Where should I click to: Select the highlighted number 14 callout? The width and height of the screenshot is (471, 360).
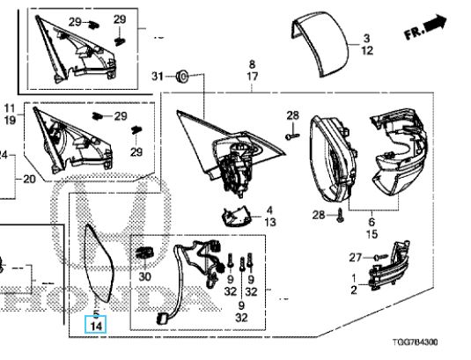click(x=96, y=325)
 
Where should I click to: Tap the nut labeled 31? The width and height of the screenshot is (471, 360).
click(x=182, y=77)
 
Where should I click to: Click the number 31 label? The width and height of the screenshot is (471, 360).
click(x=158, y=77)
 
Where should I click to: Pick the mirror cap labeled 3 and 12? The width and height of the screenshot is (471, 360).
click(x=320, y=44)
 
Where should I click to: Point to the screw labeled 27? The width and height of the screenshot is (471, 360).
click(x=380, y=257)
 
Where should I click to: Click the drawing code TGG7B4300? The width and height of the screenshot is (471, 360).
click(x=416, y=342)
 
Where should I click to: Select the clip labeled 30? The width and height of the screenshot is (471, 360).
click(x=144, y=253)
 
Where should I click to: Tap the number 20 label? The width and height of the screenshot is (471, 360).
click(x=29, y=180)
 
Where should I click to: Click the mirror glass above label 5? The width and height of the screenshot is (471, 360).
click(x=99, y=262)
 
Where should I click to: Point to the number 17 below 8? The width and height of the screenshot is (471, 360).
click(x=253, y=77)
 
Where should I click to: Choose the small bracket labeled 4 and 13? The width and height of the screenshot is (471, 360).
click(x=237, y=217)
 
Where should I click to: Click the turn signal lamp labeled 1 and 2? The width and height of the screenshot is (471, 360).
click(x=387, y=266)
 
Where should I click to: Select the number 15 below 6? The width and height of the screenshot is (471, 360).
click(x=372, y=234)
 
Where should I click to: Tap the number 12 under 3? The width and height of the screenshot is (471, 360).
click(x=367, y=50)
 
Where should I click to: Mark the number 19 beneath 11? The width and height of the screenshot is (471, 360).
click(x=10, y=120)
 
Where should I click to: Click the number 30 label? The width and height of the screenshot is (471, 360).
click(x=144, y=276)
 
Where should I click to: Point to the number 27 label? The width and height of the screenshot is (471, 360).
click(x=355, y=257)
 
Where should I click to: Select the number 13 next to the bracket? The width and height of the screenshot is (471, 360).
click(x=270, y=222)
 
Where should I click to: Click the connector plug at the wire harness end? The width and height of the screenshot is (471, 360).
click(x=162, y=319)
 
